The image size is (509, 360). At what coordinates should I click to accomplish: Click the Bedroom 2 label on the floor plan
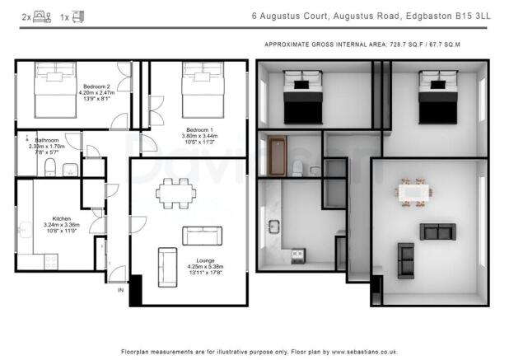96,86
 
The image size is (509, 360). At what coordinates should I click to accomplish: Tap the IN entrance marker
120,291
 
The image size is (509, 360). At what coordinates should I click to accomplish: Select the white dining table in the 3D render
413,192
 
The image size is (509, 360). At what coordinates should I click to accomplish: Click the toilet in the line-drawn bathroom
50,169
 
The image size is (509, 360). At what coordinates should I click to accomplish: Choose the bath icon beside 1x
78,16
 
